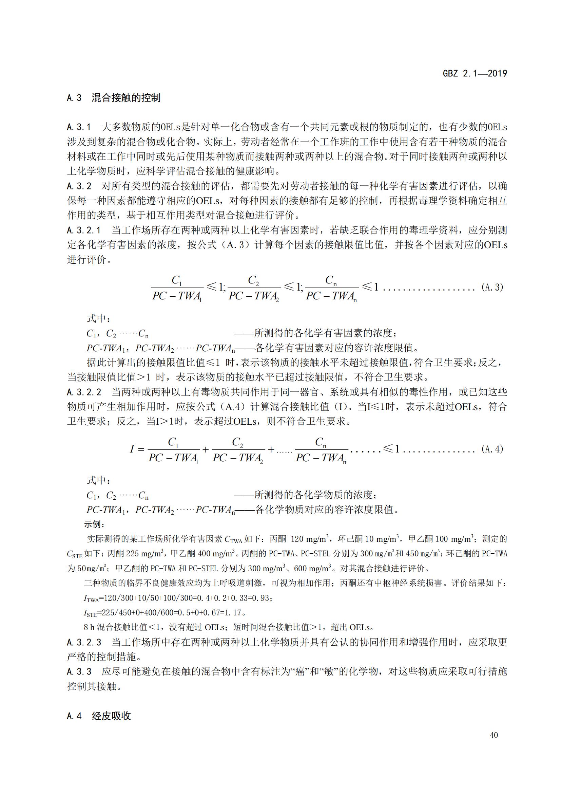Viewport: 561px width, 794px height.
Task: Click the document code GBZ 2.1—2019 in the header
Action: click(475, 73)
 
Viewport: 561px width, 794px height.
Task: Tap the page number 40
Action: click(494, 735)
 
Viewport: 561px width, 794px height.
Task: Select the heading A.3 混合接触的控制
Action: click(114, 98)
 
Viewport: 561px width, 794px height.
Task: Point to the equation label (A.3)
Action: click(492, 287)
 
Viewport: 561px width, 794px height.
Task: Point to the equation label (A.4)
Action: click(492, 449)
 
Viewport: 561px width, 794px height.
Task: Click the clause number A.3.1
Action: click(79, 127)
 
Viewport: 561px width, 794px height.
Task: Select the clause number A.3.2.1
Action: click(84, 230)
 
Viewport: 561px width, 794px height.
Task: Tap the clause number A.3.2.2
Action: click(84, 392)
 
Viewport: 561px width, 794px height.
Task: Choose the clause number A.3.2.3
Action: click(84, 643)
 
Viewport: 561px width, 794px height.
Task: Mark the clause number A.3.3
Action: click(79, 671)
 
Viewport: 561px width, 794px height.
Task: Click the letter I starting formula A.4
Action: click(132, 449)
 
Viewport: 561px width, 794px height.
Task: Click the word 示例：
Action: click(94, 524)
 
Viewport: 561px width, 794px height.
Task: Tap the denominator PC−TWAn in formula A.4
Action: click(321, 458)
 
